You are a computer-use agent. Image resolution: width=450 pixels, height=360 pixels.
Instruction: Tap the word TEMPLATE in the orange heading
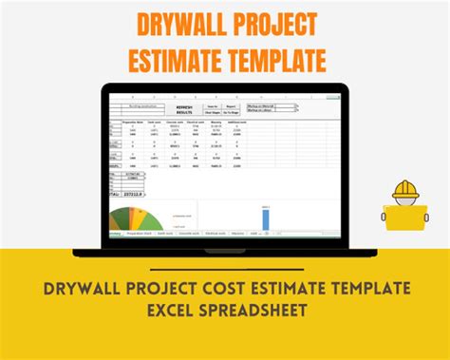coord(272,60)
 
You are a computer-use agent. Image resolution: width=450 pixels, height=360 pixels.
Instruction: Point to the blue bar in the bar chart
coord(266,218)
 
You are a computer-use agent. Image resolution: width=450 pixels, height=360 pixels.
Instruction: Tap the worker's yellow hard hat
coord(405,190)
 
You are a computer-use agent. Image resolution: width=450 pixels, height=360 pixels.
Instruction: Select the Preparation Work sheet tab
coord(141,232)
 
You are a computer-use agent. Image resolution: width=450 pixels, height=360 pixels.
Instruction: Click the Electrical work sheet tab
coord(216,232)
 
